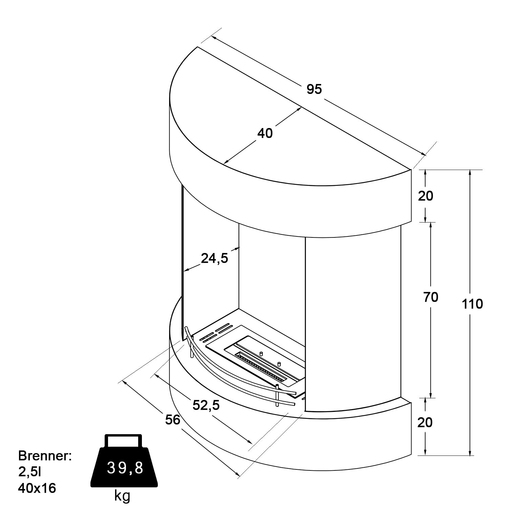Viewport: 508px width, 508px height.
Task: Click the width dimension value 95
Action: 314,89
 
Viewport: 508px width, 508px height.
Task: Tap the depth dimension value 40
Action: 265,133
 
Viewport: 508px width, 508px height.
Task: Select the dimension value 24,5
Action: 215,258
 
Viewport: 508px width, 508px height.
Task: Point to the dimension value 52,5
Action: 206,405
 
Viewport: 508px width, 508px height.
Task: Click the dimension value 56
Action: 173,420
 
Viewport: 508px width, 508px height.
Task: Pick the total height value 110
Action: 472,304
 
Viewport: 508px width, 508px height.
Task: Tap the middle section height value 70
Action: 431,297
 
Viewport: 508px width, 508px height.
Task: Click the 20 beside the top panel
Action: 425,196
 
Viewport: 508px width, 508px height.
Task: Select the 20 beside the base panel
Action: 425,422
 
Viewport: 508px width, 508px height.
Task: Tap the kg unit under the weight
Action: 122,496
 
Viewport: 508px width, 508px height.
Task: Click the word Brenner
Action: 45,456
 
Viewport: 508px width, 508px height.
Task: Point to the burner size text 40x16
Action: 37,488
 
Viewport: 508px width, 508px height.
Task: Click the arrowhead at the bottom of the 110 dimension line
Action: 470,452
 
